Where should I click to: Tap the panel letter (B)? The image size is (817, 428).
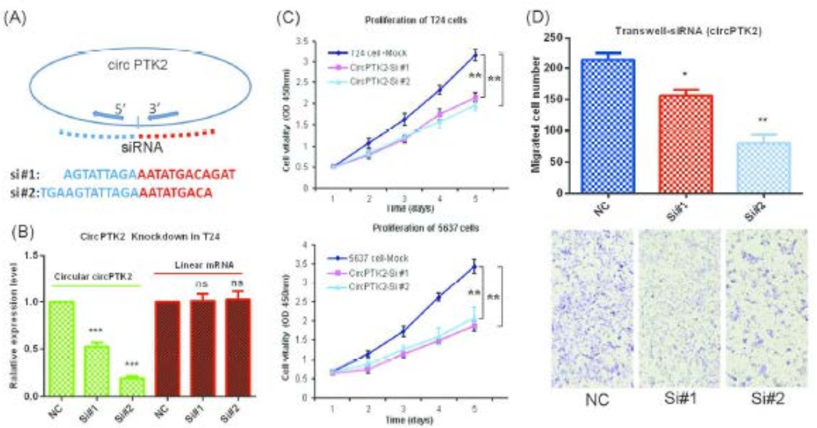click(15, 225)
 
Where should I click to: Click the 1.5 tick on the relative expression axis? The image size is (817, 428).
click(31, 255)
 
